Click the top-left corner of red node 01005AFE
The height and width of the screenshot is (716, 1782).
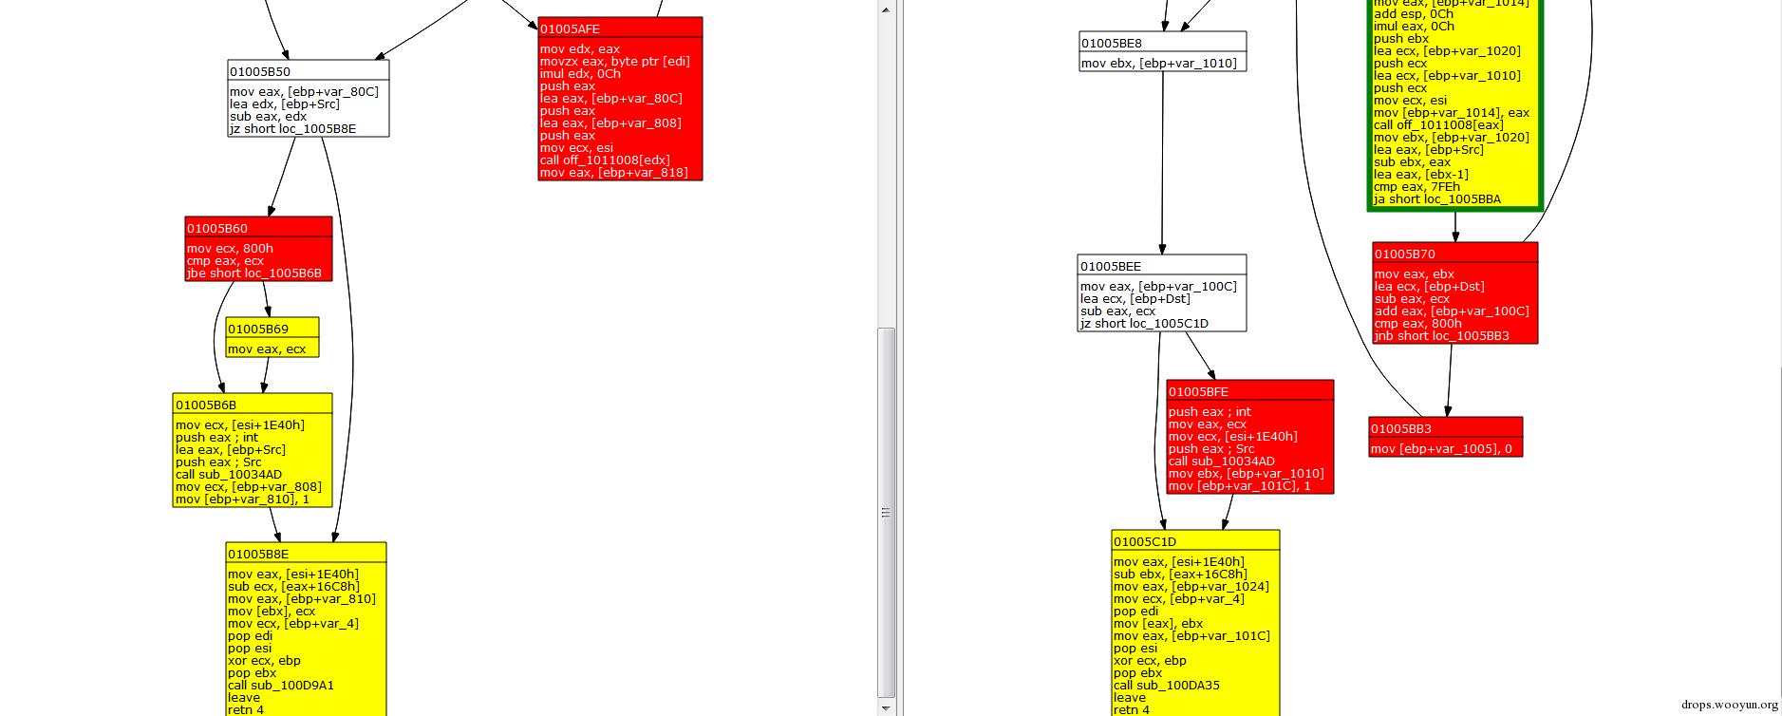[x=538, y=17]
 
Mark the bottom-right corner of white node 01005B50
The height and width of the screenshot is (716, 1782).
[x=389, y=137]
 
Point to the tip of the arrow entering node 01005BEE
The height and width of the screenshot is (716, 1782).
[x=1162, y=254]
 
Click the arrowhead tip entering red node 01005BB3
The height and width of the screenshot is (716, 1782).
[x=1447, y=417]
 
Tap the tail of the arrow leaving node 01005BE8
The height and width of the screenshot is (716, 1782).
[x=1163, y=72]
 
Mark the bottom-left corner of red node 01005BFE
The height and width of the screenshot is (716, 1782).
[x=1167, y=494]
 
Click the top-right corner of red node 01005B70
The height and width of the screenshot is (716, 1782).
[x=1538, y=242]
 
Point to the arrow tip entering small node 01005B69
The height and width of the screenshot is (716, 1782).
[x=269, y=317]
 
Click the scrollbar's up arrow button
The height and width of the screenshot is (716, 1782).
[x=886, y=9]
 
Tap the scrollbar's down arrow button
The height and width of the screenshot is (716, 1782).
[x=886, y=707]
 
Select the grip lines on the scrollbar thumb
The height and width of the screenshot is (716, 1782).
[x=886, y=513]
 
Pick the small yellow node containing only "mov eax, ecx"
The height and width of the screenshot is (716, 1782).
[x=272, y=337]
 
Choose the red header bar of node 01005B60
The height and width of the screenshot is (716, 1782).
[x=259, y=227]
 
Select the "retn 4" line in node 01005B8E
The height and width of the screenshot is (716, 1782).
[x=246, y=709]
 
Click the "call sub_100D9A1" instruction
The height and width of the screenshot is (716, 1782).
[x=281, y=685]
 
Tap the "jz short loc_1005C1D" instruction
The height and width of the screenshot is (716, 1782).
[x=1144, y=324]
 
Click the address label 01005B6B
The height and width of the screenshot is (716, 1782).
[x=206, y=405]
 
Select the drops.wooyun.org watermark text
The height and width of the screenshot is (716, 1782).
[x=1729, y=705]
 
